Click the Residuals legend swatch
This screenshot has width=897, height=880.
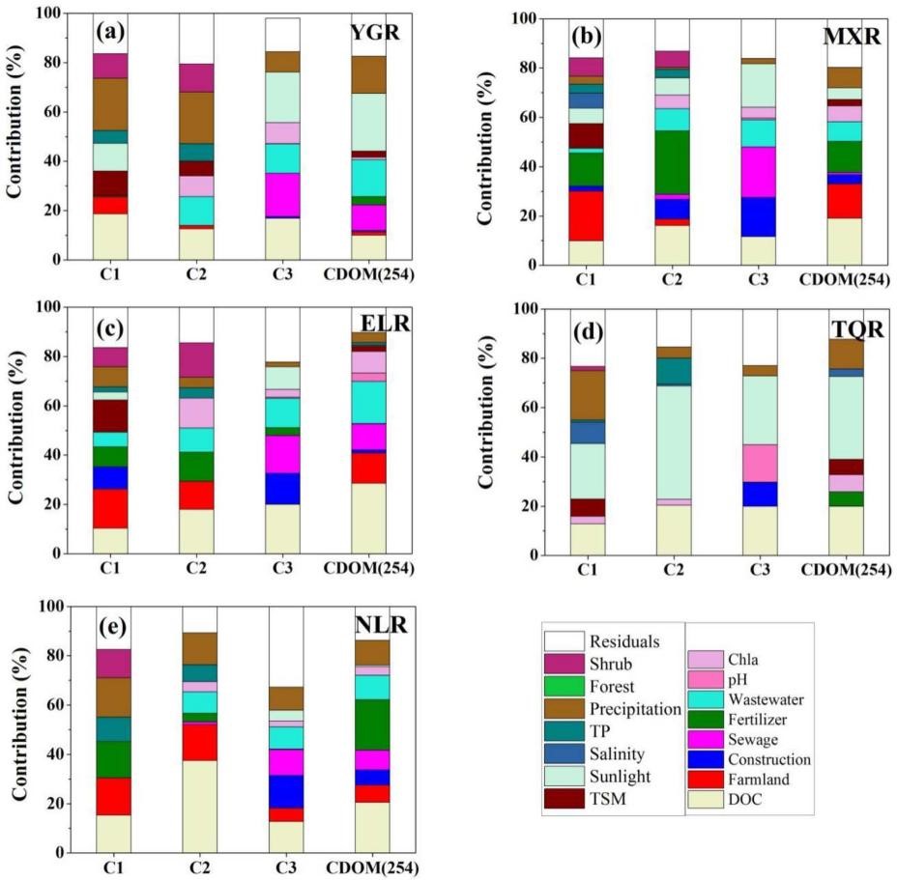565,640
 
